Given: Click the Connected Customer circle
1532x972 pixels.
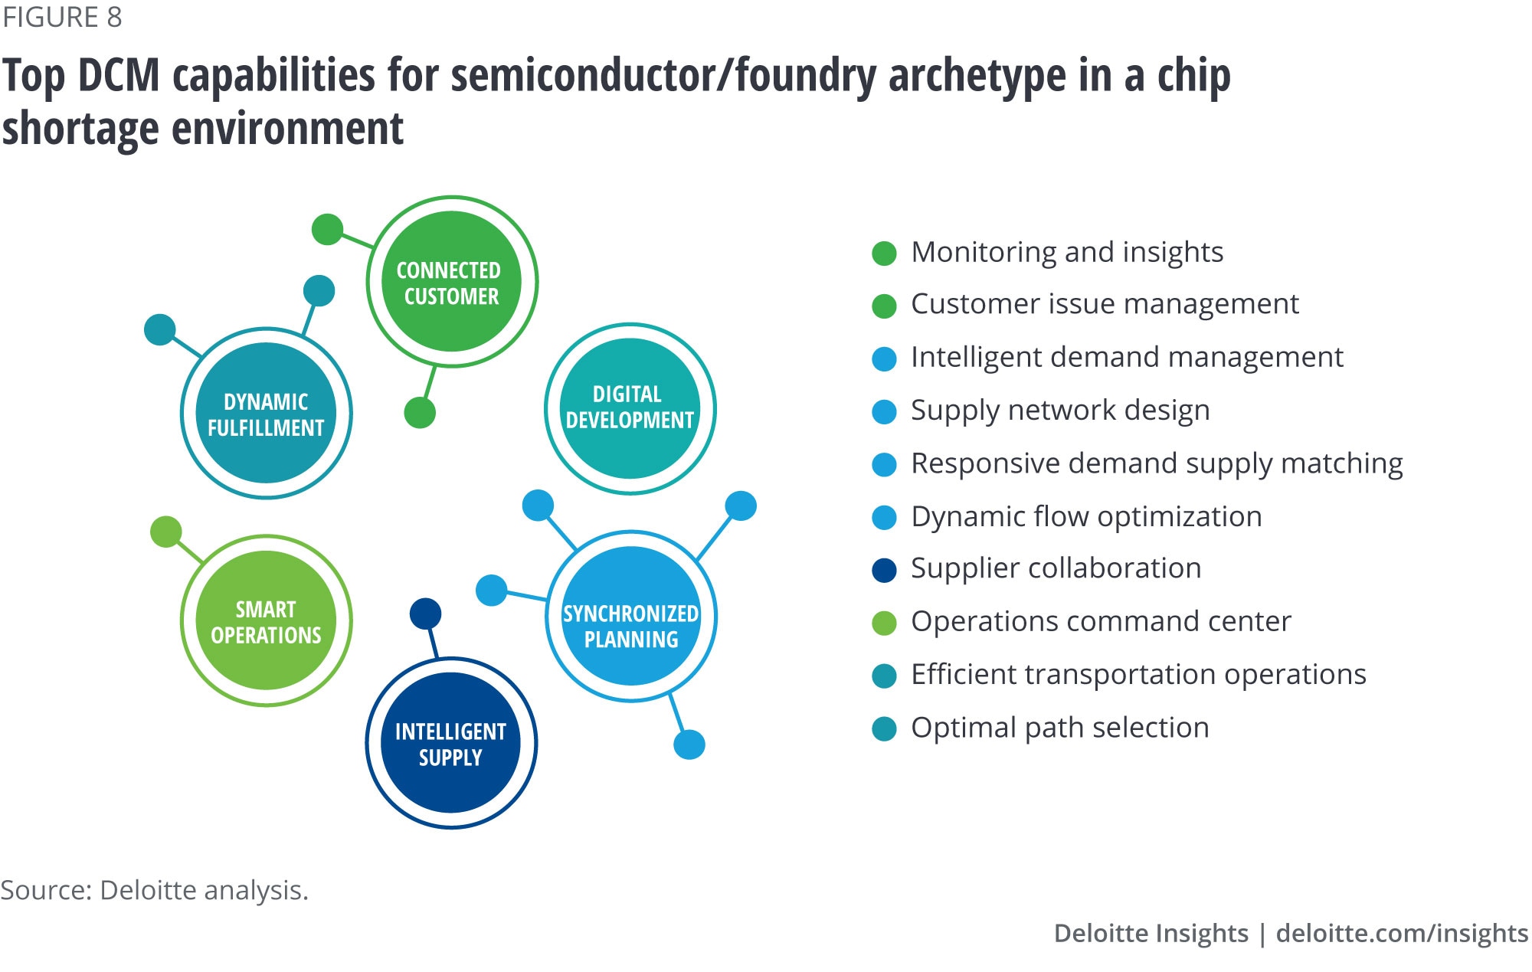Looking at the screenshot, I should pos(452,282).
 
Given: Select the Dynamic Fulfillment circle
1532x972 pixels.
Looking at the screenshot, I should pos(266,414).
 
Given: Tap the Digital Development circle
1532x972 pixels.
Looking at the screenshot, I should pos(630,408).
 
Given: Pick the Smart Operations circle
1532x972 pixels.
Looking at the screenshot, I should pos(266,620).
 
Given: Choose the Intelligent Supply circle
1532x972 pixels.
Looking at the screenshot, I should pos(451,743).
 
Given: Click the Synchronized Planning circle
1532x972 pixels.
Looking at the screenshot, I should pos(631,617).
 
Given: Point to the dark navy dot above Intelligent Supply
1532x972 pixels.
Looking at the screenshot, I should pos(425,614).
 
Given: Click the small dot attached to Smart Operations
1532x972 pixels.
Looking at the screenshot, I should pos(165,532).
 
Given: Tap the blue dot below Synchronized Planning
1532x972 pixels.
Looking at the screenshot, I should pos(689,745).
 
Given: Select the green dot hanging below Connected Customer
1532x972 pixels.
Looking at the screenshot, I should pos(420,413).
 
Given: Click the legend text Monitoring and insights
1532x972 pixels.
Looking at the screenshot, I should pos(1067,252).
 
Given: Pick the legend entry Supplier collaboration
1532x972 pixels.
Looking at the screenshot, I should pos(1056,568).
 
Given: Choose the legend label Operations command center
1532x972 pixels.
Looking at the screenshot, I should pos(1101,621).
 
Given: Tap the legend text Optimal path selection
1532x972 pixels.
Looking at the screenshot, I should pos(1059,728).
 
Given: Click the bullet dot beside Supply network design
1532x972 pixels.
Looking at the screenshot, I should pos(884,412).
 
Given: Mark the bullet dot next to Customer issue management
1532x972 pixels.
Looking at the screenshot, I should pos(884,306).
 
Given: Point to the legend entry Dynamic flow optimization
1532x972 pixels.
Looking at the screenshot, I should pos(1086,517).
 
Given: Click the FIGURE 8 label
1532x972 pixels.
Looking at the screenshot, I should pos(62,17).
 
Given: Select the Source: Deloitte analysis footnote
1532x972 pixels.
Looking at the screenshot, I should pos(154,890).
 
